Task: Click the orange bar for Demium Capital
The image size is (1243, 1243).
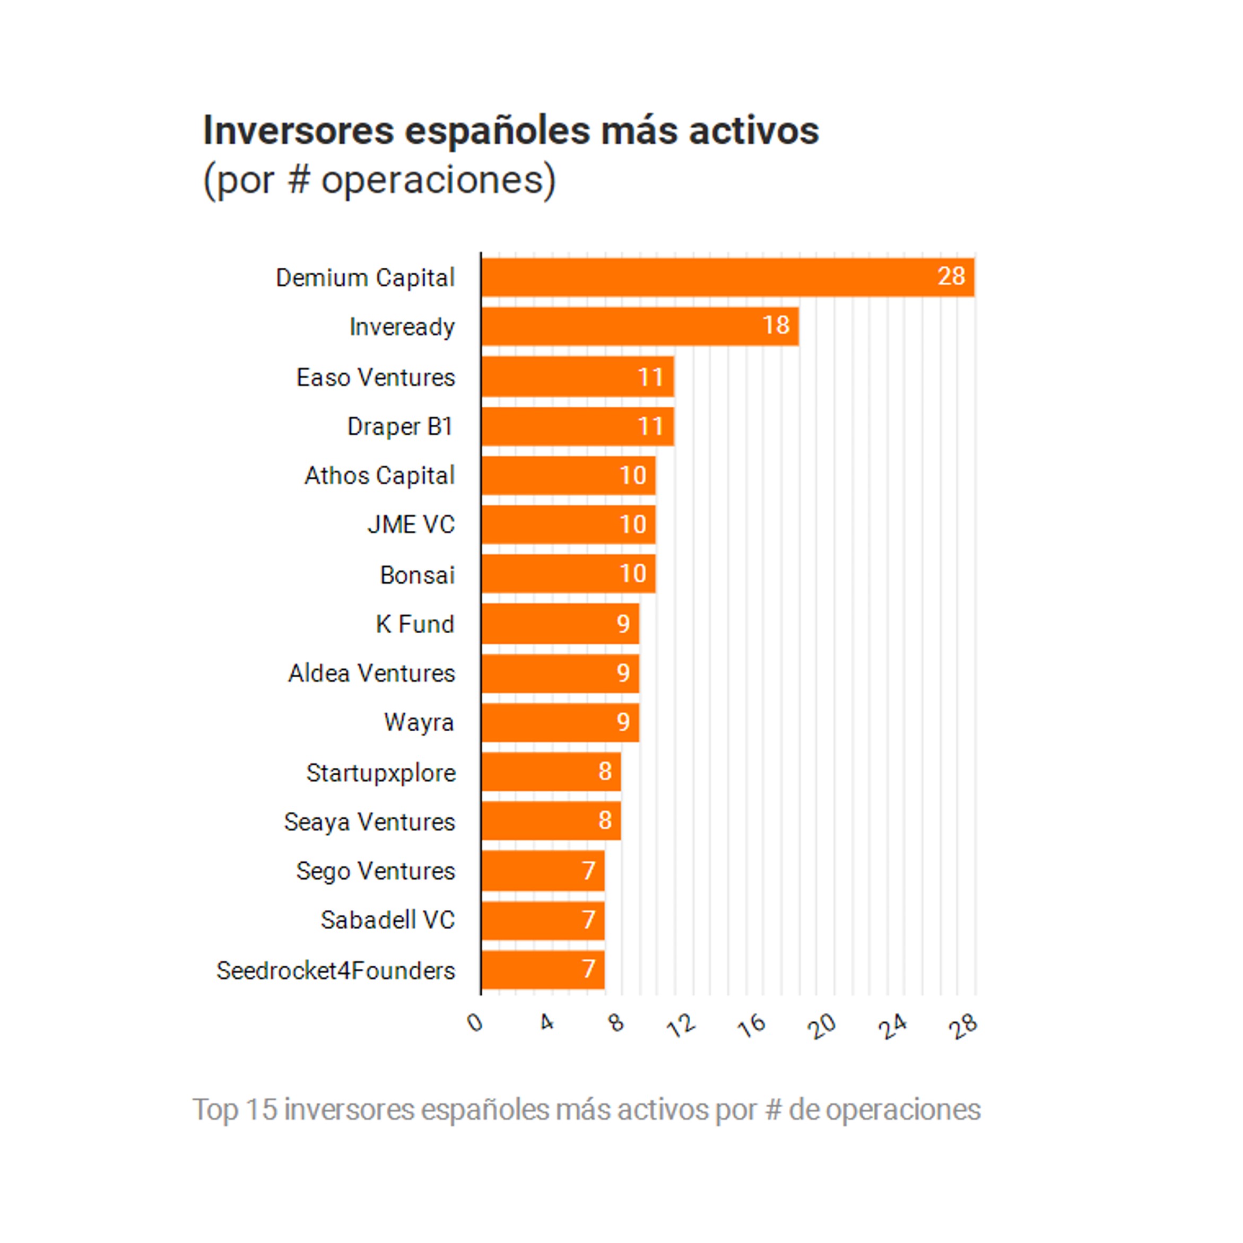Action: pyautogui.click(x=727, y=277)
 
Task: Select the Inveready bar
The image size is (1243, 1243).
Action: pyautogui.click(x=640, y=326)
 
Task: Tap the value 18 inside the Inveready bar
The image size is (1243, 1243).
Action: pyautogui.click(x=776, y=326)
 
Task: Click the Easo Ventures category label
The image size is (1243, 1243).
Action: pyautogui.click(x=375, y=378)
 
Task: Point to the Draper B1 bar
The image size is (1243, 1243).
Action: pyautogui.click(x=577, y=426)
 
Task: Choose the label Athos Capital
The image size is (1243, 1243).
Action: pyautogui.click(x=379, y=476)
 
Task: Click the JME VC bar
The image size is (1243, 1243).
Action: pyautogui.click(x=568, y=524)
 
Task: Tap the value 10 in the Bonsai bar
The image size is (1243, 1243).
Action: pyautogui.click(x=632, y=574)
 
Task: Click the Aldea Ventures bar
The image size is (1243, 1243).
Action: pyautogui.click(x=560, y=673)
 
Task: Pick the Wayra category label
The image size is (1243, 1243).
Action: pyautogui.click(x=419, y=722)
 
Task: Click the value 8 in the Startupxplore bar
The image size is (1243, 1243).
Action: pyautogui.click(x=604, y=772)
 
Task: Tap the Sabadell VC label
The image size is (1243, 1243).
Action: pyautogui.click(x=387, y=920)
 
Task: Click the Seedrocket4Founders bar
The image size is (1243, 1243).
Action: pyautogui.click(x=543, y=969)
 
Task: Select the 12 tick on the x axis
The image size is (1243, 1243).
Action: pyautogui.click(x=682, y=1026)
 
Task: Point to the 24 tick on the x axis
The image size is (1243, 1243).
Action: pyautogui.click(x=893, y=1027)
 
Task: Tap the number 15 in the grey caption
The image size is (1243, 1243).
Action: pyautogui.click(x=260, y=1110)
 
